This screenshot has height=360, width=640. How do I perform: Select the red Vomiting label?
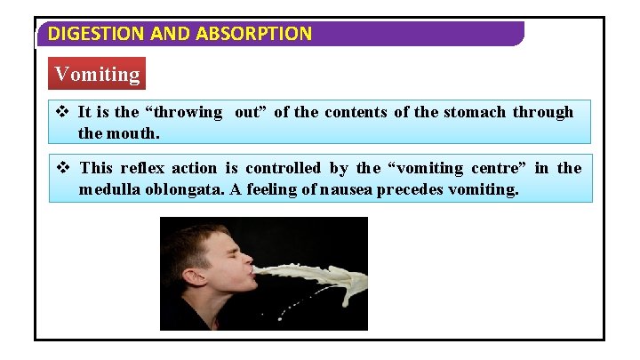(97, 74)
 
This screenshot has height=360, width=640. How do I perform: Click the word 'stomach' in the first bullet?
(472, 112)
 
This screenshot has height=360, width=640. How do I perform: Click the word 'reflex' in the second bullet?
(142, 168)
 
